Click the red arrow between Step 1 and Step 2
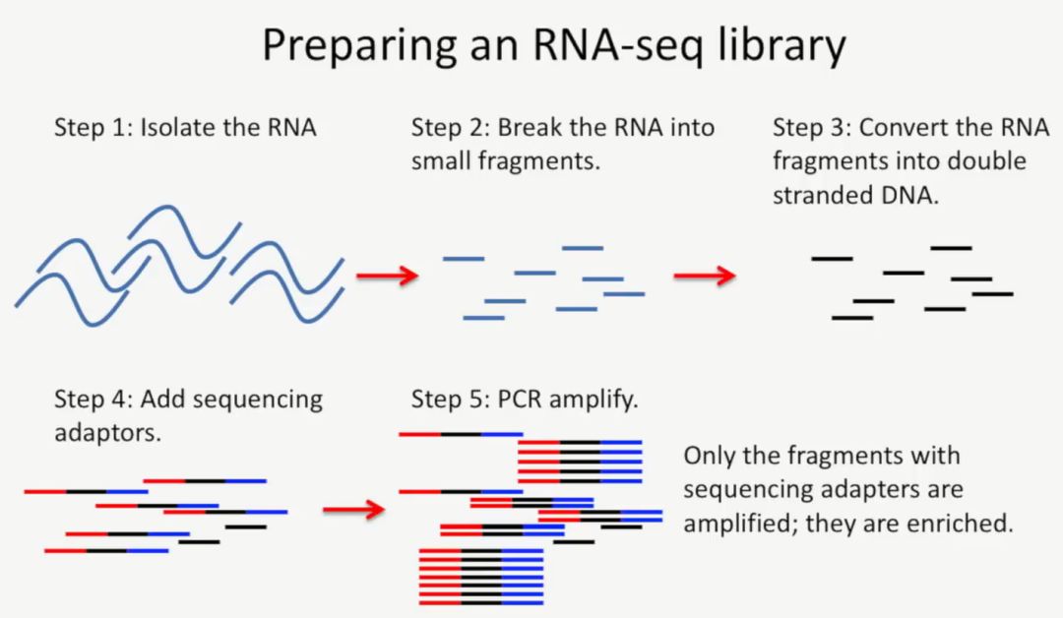pos(386,277)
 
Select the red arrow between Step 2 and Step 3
pos(704,277)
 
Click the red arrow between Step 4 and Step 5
pos(352,509)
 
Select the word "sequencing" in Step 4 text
pos(257,399)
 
